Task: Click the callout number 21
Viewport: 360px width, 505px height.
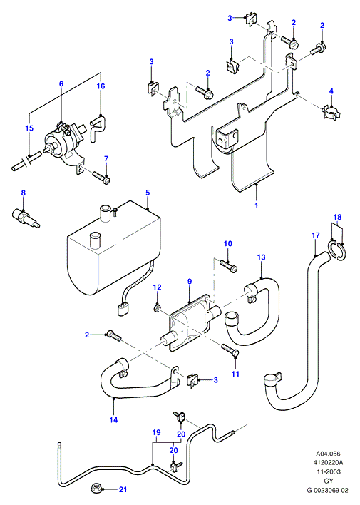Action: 123,489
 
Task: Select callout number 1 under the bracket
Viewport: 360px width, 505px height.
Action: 257,205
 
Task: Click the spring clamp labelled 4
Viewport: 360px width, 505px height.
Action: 331,111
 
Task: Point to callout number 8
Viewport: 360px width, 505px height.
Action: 24,193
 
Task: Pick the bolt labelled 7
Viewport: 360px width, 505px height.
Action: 101,178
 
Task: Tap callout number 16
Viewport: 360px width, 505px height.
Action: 101,86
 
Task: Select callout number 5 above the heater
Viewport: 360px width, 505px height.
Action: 148,193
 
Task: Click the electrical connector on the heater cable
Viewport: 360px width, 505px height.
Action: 123,310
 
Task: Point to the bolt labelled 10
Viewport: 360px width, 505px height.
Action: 229,265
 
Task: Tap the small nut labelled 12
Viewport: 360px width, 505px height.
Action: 157,309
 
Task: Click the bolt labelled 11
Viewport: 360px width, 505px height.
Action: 230,350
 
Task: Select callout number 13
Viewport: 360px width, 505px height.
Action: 261,257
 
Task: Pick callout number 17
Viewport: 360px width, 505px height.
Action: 316,235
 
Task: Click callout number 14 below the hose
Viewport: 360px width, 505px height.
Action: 113,419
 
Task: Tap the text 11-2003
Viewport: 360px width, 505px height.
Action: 328,471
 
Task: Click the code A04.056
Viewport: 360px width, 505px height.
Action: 328,454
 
